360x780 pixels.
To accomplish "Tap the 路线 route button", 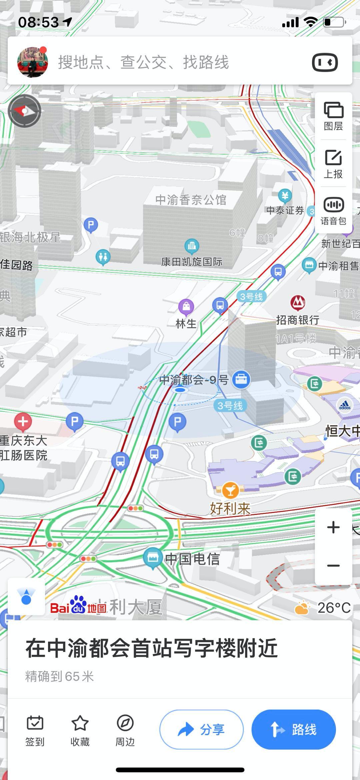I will pos(293,729).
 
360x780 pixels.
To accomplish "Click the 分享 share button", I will pos(201,729).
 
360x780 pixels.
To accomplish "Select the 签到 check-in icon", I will pos(35,723).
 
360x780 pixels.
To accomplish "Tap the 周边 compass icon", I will pos(125,723).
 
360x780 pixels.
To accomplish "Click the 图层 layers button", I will pos(333,115).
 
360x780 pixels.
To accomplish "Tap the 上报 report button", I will pos(333,163).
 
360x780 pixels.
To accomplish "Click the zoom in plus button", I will pos(333,527).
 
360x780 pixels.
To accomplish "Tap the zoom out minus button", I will pos(333,566).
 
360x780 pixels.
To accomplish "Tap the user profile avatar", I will pos(32,62).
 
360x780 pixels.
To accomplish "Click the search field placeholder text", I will pos(143,62).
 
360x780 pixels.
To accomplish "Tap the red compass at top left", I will pos(24,111).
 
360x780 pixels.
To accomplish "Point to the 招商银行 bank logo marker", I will pos(298,302).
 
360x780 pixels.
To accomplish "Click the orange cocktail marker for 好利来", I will pos(230,490).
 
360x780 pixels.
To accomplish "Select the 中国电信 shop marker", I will pos(153,557).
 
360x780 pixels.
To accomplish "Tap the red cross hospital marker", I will pos(23,422).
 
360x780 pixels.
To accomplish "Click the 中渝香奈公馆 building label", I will pos(191,200).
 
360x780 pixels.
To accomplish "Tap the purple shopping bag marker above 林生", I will pos(186,306).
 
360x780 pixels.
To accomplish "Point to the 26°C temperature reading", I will pos(333,608).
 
